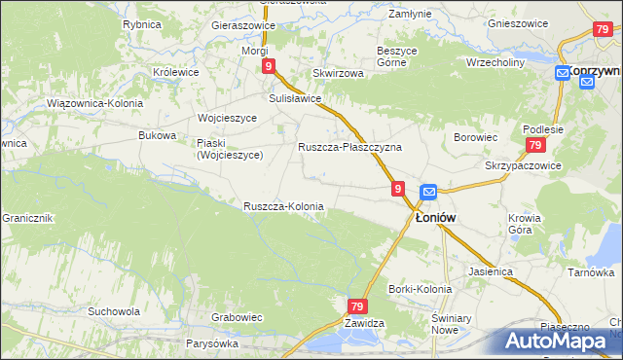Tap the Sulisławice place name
pyautogui.click(x=295, y=98)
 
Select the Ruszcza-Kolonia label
pyautogui.click(x=283, y=206)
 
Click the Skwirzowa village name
pyautogui.click(x=338, y=73)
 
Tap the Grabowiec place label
pyautogui.click(x=238, y=317)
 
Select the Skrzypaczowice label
pyautogui.click(x=524, y=165)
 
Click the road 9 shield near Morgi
pyautogui.click(x=268, y=66)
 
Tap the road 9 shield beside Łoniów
pyautogui.click(x=398, y=187)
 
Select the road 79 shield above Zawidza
pyautogui.click(x=357, y=306)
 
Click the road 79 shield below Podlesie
pyautogui.click(x=534, y=145)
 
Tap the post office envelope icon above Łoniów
pyautogui.click(x=428, y=192)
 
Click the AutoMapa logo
pyautogui.click(x=557, y=342)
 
